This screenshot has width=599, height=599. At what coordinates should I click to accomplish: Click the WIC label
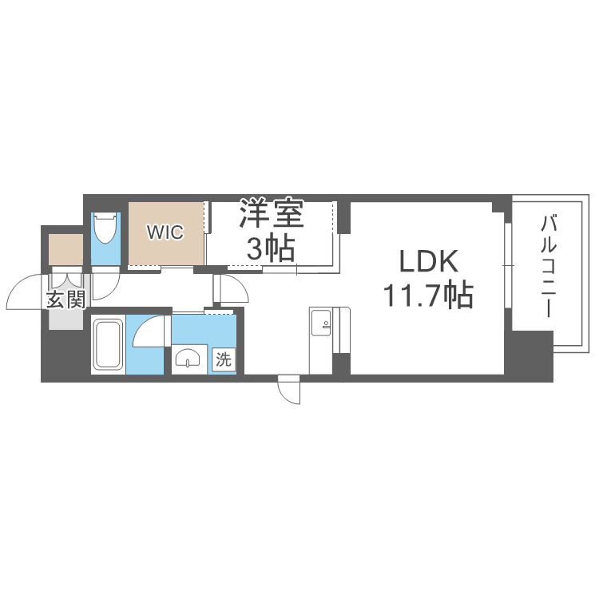[x=165, y=232]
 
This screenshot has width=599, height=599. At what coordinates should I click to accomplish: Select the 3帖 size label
[x=270, y=248]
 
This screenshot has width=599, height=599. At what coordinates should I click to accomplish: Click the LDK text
[x=427, y=262]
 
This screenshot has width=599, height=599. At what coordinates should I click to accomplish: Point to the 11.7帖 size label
[x=427, y=296]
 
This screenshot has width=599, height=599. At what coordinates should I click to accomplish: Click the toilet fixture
[x=105, y=229]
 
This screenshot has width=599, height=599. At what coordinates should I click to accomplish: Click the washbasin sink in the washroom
[x=188, y=359]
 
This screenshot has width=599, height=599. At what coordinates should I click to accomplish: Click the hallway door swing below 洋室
[x=230, y=288]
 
